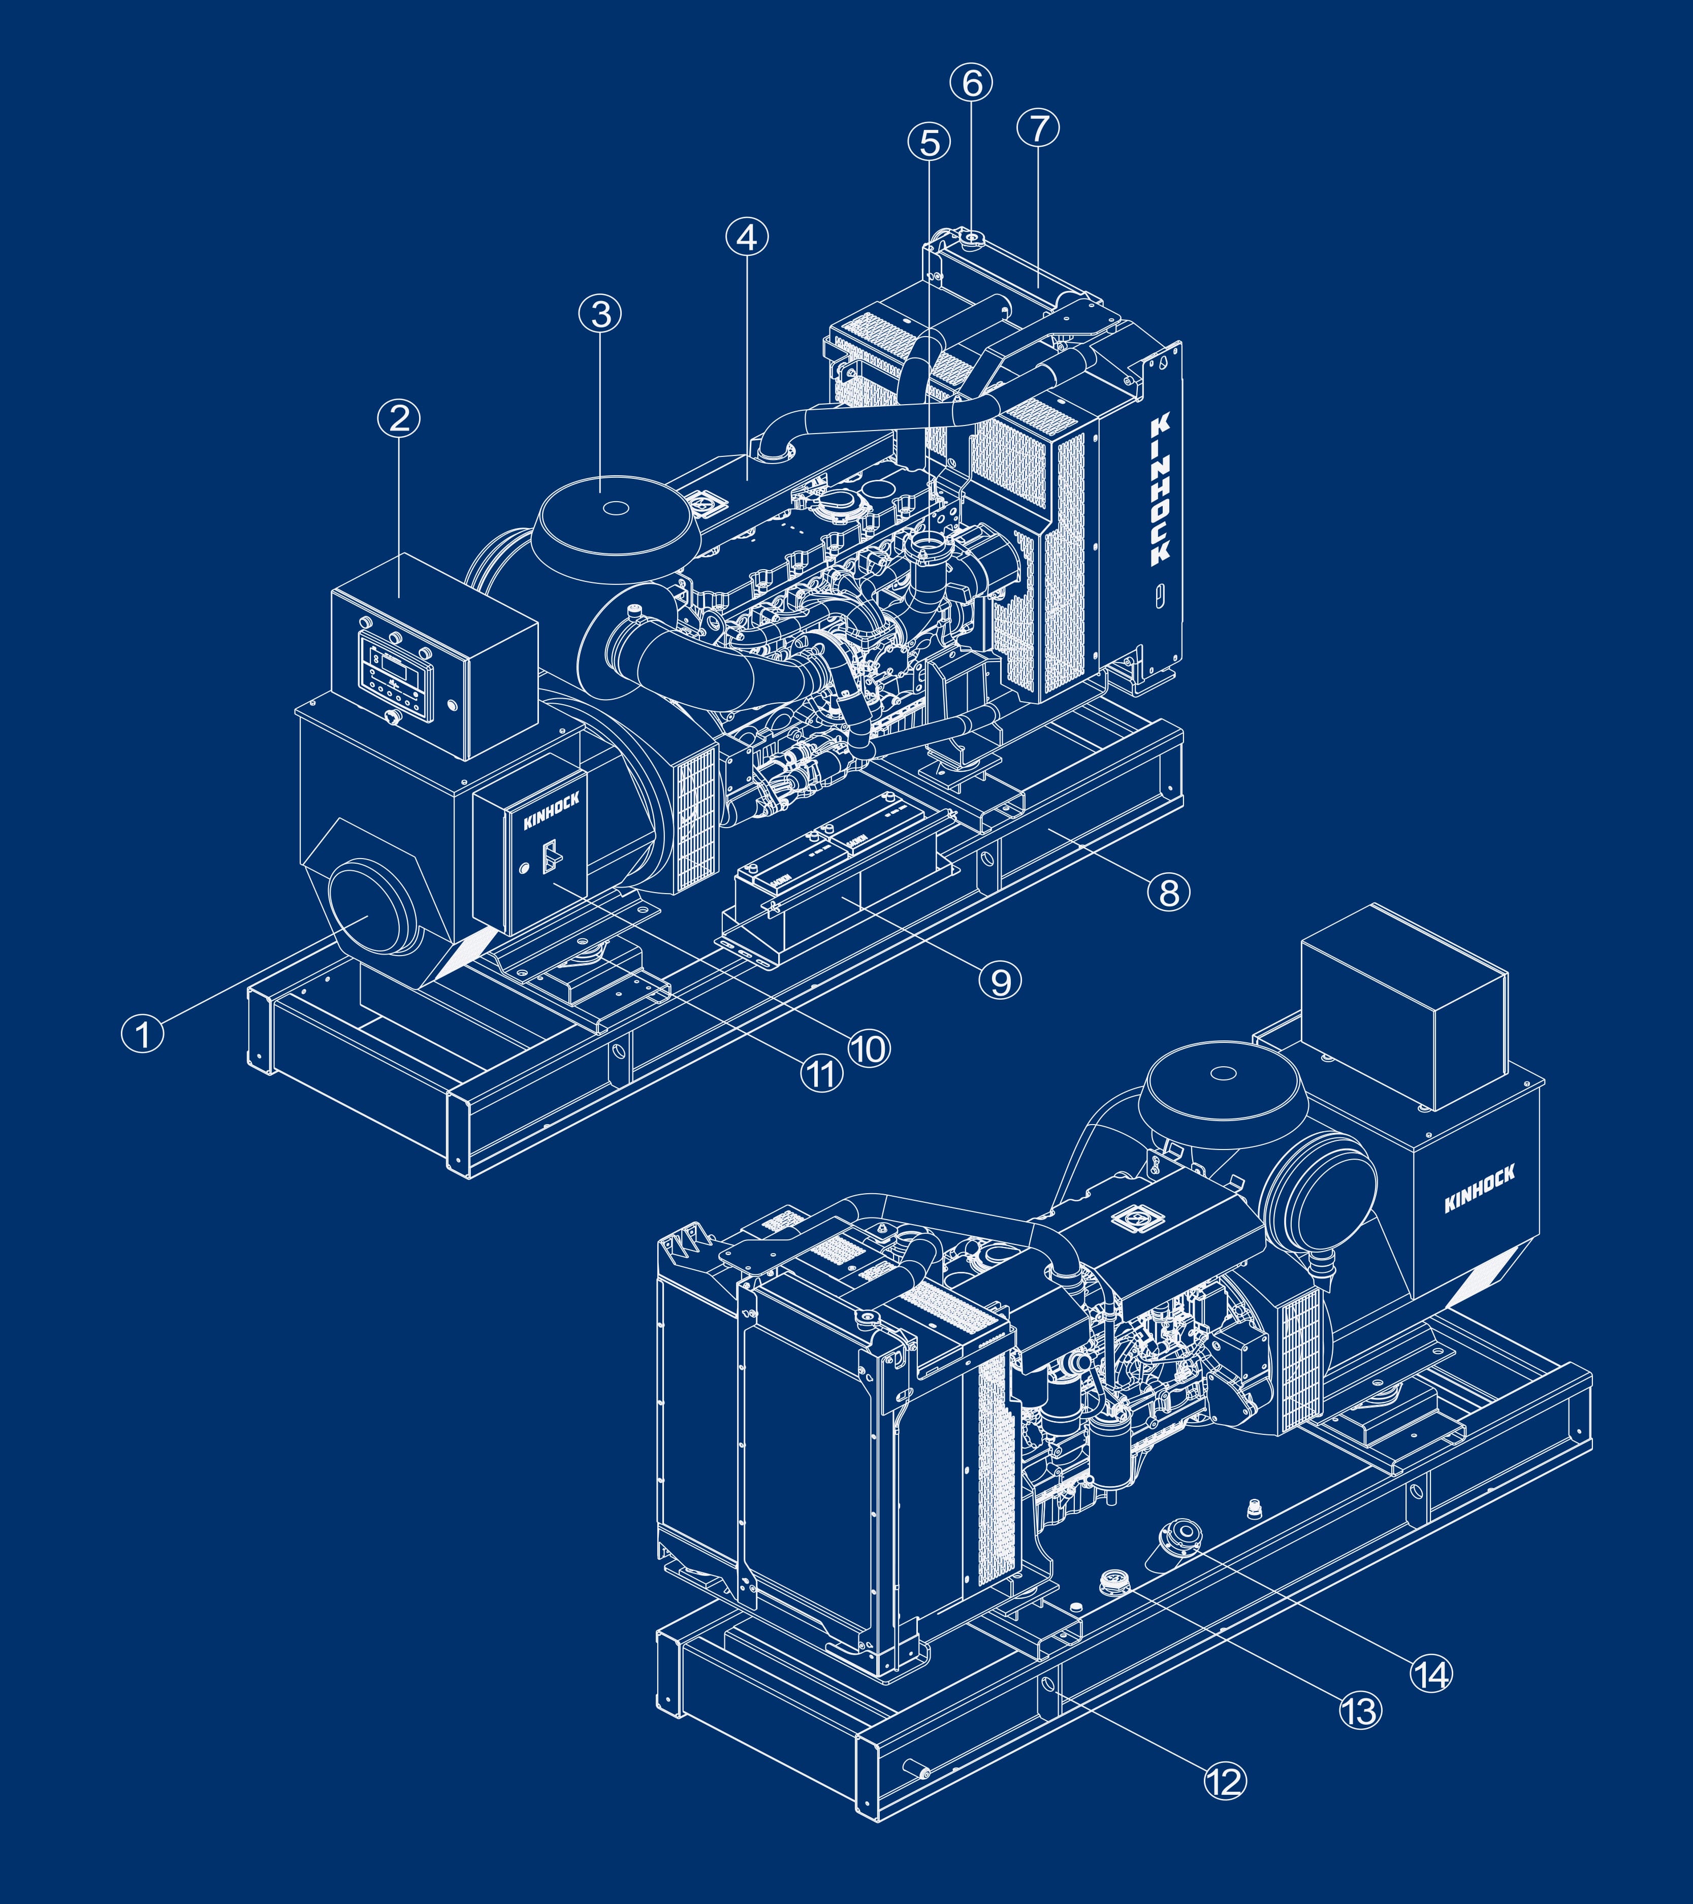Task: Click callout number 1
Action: point(143,1034)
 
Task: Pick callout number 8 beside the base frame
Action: point(1168,893)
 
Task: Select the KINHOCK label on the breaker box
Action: point(551,810)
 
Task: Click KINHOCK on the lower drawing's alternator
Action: point(1479,1190)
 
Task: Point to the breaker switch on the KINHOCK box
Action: point(550,855)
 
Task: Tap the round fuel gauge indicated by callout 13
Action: point(1113,1580)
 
